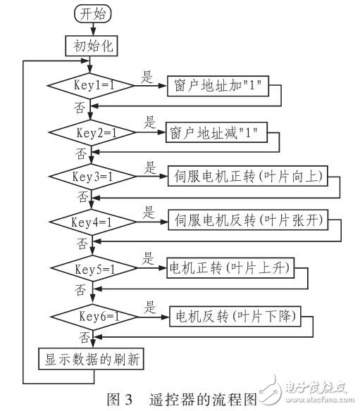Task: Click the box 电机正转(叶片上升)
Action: coord(231,268)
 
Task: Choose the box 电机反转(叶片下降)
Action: coord(235,315)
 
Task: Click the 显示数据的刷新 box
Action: coord(92,360)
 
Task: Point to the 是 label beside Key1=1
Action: coord(147,78)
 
